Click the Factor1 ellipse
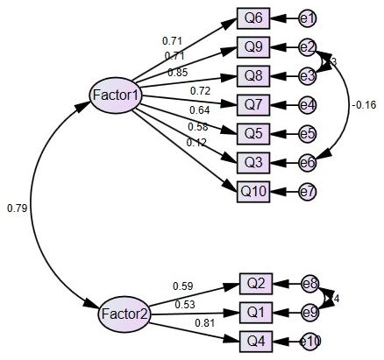(x=117, y=94)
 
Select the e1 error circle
(x=308, y=18)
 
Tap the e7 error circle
(x=308, y=191)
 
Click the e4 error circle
(x=308, y=105)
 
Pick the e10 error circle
(x=309, y=341)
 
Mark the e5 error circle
(x=308, y=134)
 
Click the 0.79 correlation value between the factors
(x=17, y=208)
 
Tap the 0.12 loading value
(x=173, y=143)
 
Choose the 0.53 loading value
(x=185, y=304)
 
